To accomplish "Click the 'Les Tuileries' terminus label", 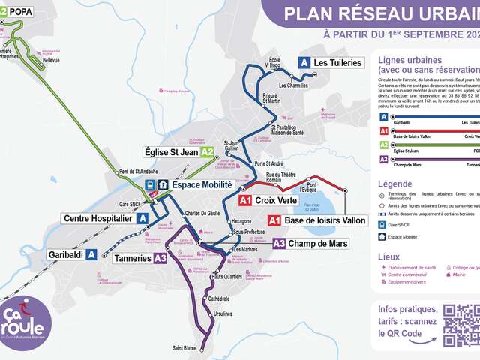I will (x=337, y=63).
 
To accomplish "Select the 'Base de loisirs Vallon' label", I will (x=325, y=220).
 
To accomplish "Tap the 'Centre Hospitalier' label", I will (x=97, y=218).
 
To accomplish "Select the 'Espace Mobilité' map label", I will (x=202, y=184).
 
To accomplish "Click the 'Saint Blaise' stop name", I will (x=184, y=347).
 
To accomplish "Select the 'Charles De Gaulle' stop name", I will (x=202, y=214).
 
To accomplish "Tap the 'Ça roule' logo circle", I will (x=25, y=322).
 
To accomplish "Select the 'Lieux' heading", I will (x=389, y=256).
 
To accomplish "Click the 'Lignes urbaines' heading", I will (x=409, y=61).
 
